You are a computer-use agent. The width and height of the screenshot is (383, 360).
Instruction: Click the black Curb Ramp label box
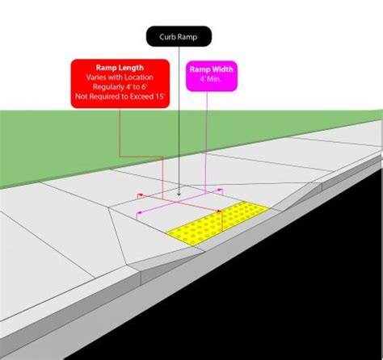pos(179,36)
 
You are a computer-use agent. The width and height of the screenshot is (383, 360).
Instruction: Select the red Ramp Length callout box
pos(120,84)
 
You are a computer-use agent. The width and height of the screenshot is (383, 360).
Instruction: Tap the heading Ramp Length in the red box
pos(120,68)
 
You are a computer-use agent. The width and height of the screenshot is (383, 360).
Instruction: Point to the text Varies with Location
pos(120,77)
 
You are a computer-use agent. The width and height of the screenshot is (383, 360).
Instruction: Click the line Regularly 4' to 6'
pos(120,87)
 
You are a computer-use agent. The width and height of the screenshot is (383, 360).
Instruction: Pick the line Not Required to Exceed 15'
pos(120,96)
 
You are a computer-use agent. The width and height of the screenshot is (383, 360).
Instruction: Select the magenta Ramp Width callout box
pos(212,76)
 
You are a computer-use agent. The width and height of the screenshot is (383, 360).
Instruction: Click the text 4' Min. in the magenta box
pos(210,79)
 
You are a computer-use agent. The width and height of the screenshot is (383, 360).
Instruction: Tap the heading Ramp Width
pos(211,69)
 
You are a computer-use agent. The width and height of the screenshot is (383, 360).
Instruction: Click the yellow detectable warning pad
pos(218,223)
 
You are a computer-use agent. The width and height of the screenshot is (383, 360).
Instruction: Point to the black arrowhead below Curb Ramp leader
pos(179,194)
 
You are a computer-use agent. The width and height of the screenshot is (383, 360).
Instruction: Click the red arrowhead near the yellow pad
pos(219,211)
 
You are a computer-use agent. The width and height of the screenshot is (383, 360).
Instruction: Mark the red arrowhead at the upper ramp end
pos(141,195)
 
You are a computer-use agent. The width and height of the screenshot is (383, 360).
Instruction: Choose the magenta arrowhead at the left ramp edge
pos(139,212)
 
